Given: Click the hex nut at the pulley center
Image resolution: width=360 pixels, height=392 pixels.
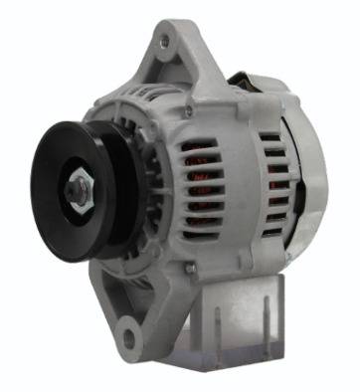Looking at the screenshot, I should (78, 188).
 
